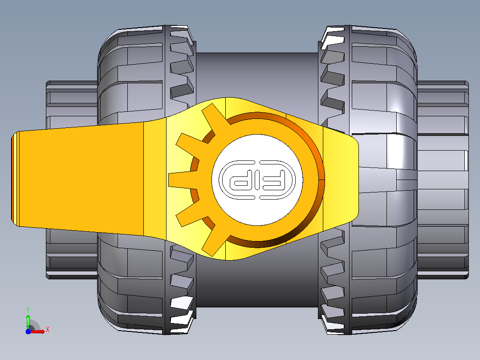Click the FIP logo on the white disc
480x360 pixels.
coord(257,180)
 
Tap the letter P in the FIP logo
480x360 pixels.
coord(239,180)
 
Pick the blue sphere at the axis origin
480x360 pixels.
coord(28,331)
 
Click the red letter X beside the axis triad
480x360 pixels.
coord(48,330)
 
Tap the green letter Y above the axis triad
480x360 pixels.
coord(28,310)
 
